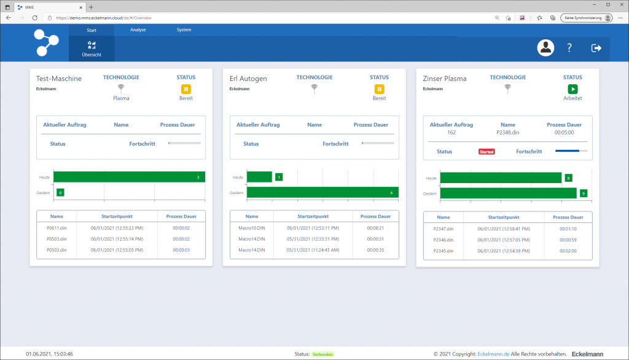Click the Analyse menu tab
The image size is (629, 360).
click(x=138, y=29)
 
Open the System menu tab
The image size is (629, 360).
click(x=184, y=29)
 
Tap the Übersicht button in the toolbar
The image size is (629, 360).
click(x=92, y=49)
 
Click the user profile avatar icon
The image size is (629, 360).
click(x=545, y=48)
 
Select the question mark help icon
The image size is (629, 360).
click(x=569, y=48)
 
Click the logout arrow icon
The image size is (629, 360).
click(x=596, y=48)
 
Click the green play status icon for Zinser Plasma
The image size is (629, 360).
click(x=572, y=89)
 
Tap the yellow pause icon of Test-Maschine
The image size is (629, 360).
click(x=186, y=89)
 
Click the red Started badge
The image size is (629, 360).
click(x=486, y=151)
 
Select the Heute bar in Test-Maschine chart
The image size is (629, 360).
click(x=129, y=177)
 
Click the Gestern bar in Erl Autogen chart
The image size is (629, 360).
click(x=322, y=192)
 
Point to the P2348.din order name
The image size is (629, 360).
click(x=507, y=131)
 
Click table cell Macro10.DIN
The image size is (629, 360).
click(x=252, y=228)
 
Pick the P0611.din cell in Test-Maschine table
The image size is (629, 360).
click(x=57, y=228)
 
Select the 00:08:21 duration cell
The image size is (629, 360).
click(x=375, y=228)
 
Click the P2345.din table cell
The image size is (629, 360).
click(x=443, y=251)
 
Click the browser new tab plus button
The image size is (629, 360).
click(x=91, y=7)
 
